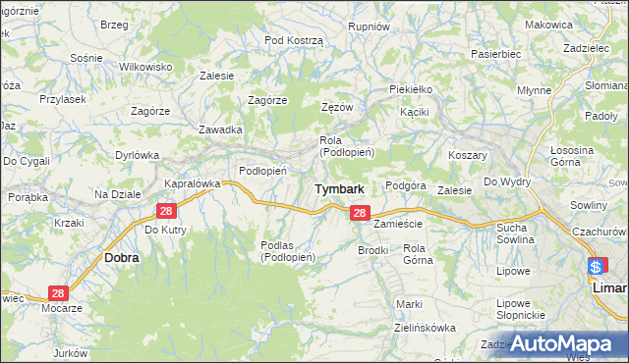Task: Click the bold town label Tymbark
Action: click(x=340, y=188)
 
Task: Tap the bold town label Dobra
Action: click(x=121, y=257)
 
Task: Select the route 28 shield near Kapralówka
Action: click(x=165, y=211)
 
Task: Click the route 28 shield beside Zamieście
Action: click(x=360, y=213)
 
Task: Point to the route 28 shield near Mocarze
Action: click(x=58, y=293)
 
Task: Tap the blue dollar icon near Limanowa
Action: click(x=597, y=266)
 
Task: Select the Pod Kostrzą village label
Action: click(x=294, y=39)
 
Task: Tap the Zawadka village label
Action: click(x=220, y=130)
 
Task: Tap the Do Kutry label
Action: click(x=165, y=230)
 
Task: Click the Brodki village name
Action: click(x=373, y=250)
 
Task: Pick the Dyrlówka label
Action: click(x=137, y=154)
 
